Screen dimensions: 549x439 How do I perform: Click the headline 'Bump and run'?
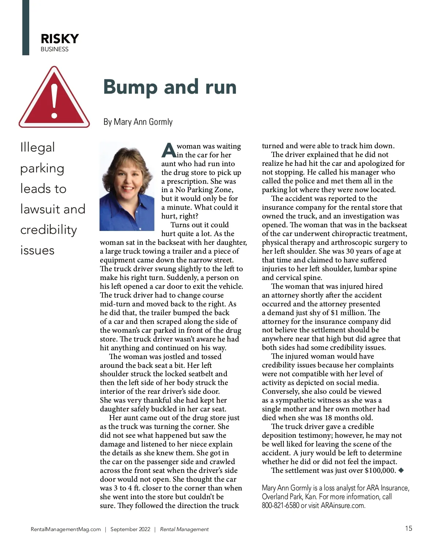(170, 87)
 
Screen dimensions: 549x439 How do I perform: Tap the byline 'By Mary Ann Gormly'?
(138, 122)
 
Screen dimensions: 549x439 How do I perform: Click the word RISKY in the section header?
(60, 39)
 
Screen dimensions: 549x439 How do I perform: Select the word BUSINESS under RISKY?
(55, 49)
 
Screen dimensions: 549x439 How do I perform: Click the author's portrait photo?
(127, 186)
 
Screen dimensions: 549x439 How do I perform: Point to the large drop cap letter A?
(169, 150)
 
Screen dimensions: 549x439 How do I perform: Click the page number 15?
(408, 528)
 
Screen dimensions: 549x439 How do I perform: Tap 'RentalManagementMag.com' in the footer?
(65, 529)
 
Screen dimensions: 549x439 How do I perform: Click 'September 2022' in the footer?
(130, 529)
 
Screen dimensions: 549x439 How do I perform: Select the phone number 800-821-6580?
(280, 505)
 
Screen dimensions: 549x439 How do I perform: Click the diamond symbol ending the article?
(401, 470)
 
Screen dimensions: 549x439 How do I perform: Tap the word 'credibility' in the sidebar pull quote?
(49, 230)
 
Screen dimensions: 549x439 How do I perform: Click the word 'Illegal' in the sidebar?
(37, 147)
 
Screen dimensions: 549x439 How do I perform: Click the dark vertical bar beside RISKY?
(26, 27)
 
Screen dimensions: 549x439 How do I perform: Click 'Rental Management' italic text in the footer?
(184, 529)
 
